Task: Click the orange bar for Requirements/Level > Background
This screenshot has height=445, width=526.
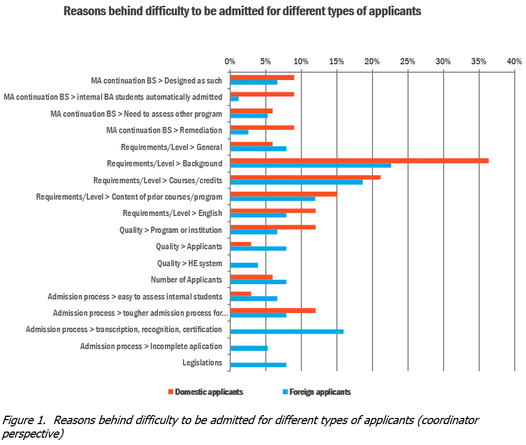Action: [359, 161]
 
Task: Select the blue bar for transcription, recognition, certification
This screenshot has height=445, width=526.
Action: [287, 331]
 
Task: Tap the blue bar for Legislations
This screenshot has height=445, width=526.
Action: [258, 365]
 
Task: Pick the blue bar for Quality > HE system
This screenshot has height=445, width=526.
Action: [244, 265]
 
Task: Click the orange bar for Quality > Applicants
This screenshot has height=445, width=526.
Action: [240, 244]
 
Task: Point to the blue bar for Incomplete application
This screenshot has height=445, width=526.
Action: [249, 348]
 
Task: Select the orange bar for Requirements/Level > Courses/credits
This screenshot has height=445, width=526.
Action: [305, 178]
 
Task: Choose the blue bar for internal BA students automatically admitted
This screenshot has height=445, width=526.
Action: [234, 99]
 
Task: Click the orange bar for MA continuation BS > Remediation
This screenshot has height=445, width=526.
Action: [262, 127]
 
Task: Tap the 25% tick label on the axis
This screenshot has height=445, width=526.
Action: [407, 61]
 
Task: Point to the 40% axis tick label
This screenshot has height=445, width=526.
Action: [514, 61]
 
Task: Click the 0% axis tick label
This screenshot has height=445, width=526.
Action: [230, 61]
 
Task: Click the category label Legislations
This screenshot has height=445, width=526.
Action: [202, 363]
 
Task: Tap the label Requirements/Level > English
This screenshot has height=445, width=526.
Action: [172, 213]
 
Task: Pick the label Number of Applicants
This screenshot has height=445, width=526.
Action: [186, 280]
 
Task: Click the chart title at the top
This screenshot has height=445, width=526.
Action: [242, 11]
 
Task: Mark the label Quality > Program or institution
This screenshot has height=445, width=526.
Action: [170, 230]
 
